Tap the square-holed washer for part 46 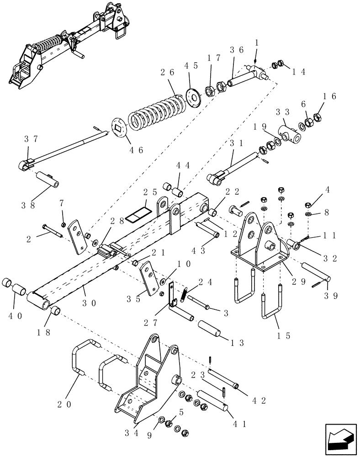(120, 128)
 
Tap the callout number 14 (298, 71)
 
